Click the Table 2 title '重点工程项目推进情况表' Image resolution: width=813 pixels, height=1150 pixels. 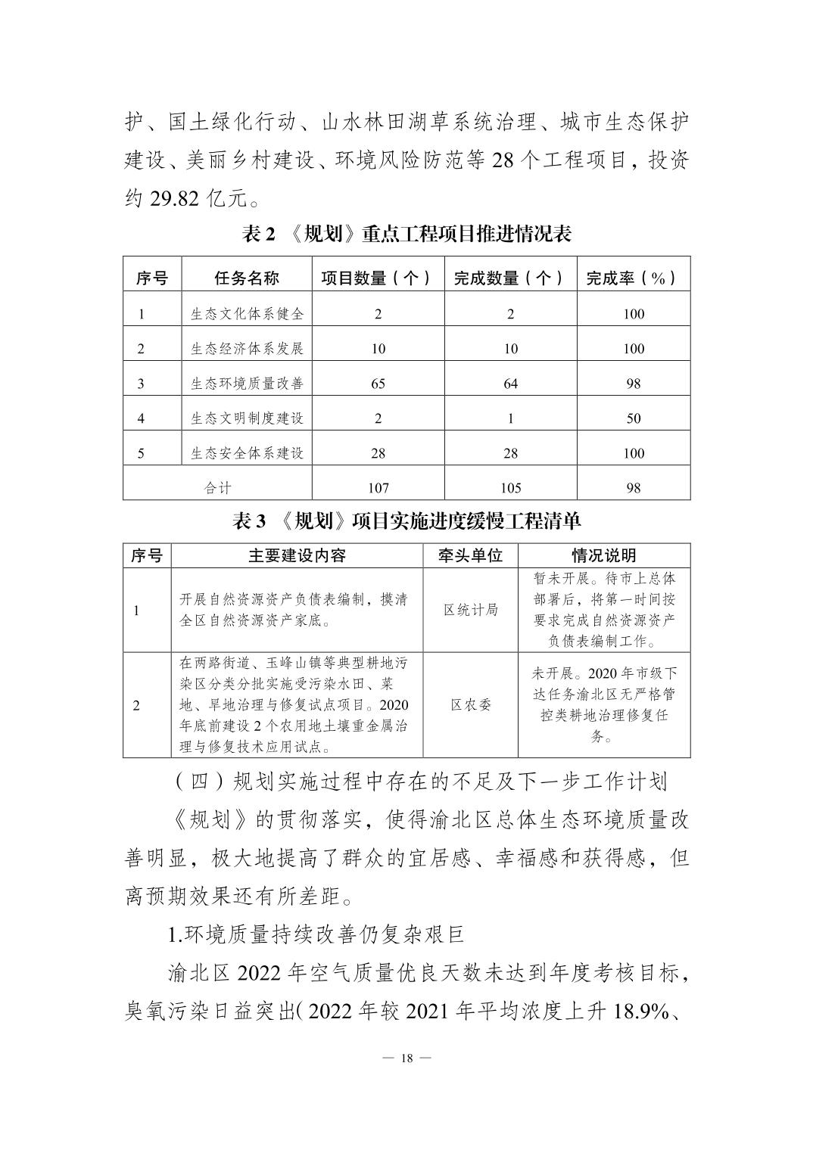click(406, 234)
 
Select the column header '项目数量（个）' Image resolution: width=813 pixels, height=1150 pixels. click(378, 278)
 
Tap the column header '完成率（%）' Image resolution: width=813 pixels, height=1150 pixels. click(633, 278)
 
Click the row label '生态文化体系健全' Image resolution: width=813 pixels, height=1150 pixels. click(247, 313)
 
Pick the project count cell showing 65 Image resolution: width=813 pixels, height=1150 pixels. click(378, 384)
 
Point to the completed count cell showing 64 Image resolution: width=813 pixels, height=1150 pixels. click(510, 384)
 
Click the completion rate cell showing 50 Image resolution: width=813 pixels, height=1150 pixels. click(633, 418)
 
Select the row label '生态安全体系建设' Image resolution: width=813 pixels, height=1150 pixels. click(247, 453)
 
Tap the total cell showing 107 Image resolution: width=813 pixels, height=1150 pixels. click(378, 488)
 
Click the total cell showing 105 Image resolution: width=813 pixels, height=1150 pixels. click(510, 488)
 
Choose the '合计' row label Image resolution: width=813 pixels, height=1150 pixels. click(218, 488)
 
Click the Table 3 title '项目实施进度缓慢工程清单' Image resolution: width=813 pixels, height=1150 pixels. click(406, 521)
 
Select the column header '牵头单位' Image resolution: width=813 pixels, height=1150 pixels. click(470, 556)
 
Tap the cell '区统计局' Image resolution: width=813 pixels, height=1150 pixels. click(470, 610)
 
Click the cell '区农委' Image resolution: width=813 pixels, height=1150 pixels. click(470, 704)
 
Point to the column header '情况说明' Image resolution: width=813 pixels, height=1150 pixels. click(603, 556)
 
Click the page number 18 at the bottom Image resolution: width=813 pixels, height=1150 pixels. click(406, 1058)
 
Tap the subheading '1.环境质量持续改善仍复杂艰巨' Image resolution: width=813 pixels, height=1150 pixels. click(316, 934)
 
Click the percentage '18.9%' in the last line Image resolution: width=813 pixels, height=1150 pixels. click(639, 1012)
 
